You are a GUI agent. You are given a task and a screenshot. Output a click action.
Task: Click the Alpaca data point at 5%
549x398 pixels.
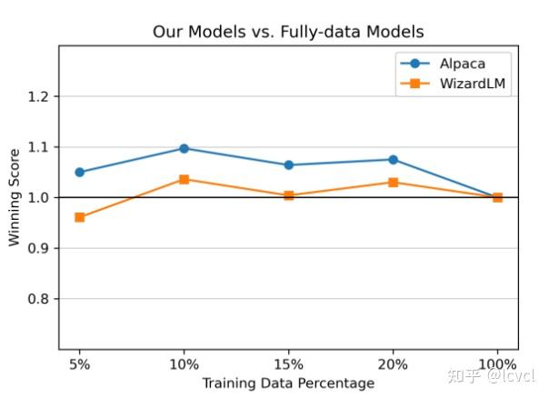pyautogui.click(x=80, y=172)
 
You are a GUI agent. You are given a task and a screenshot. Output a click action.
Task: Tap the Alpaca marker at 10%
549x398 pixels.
pyautogui.click(x=185, y=148)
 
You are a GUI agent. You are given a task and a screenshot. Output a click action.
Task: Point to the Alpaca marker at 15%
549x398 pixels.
pyautogui.click(x=289, y=165)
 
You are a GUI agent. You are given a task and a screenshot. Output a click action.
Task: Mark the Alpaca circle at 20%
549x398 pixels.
pyautogui.click(x=393, y=159)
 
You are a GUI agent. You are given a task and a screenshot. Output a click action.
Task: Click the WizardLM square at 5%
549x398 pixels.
pyautogui.click(x=80, y=217)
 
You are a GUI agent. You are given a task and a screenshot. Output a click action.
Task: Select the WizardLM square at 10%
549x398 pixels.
pyautogui.click(x=185, y=179)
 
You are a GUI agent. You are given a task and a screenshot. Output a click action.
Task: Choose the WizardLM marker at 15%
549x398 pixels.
pyautogui.click(x=289, y=195)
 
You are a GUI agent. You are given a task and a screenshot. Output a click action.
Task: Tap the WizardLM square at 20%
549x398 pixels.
pyautogui.click(x=393, y=183)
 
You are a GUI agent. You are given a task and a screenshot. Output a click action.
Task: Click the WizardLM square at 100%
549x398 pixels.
pyautogui.click(x=497, y=197)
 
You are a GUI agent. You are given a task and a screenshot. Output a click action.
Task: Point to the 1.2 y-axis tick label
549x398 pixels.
pyautogui.click(x=39, y=96)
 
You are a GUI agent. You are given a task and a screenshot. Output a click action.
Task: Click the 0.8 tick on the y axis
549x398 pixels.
pyautogui.click(x=39, y=299)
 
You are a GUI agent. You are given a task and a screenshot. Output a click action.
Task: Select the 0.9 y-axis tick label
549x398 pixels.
pyautogui.click(x=39, y=248)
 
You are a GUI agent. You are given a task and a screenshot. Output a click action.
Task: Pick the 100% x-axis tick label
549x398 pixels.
pyautogui.click(x=497, y=364)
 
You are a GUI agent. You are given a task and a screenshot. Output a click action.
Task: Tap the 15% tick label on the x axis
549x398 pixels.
pyautogui.click(x=289, y=364)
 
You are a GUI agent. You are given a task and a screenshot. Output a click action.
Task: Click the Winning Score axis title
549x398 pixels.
pyautogui.click(x=15, y=197)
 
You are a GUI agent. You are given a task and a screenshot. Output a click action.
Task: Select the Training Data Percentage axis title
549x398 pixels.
pyautogui.click(x=288, y=383)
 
